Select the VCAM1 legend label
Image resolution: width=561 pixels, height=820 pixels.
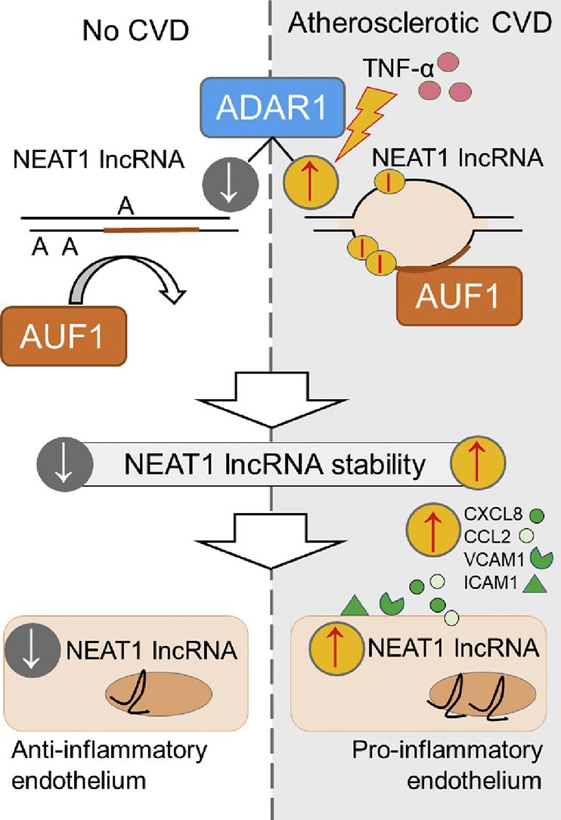click(x=491, y=560)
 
